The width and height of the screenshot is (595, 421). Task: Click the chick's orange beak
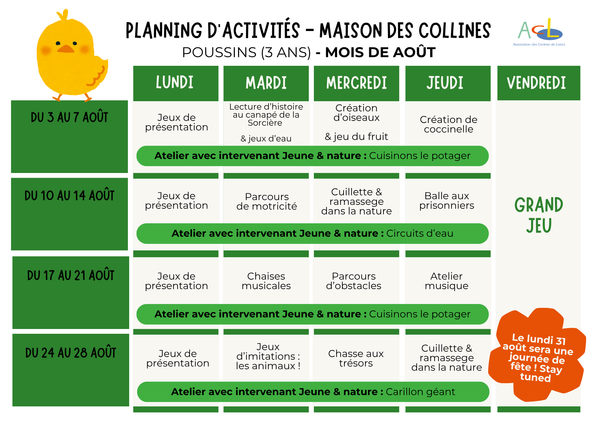click(66, 49)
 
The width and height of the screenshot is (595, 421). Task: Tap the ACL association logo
click(539, 32)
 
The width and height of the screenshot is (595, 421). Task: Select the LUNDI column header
click(176, 83)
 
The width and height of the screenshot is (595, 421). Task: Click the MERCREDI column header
click(356, 83)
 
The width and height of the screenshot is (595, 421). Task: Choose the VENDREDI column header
click(539, 83)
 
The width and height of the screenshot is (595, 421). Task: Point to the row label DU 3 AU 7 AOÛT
click(69, 117)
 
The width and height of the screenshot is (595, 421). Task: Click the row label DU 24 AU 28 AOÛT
click(71, 353)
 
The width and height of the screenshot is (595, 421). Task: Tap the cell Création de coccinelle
click(449, 124)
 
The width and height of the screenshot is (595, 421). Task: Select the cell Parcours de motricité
click(267, 202)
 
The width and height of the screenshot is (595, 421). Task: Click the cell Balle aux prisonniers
click(447, 201)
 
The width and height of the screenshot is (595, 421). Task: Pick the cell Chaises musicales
click(266, 281)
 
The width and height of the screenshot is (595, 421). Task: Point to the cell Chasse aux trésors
click(356, 358)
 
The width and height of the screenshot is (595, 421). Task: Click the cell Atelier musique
click(447, 281)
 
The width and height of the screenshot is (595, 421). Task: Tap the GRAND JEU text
click(539, 215)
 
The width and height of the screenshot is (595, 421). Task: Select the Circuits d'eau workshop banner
click(312, 233)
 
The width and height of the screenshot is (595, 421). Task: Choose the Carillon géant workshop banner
click(313, 392)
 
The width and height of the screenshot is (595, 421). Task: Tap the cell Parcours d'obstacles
click(354, 281)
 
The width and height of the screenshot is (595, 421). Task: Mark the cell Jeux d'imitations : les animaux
click(268, 356)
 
